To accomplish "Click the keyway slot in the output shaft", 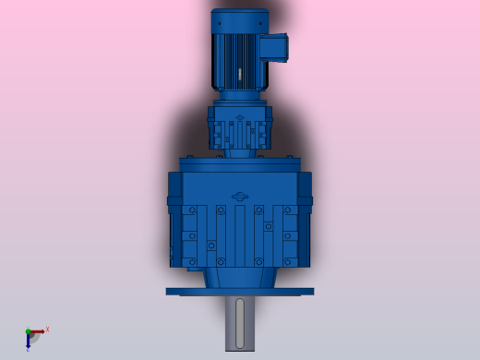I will [241, 318].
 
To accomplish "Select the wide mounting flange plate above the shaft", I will [240, 291].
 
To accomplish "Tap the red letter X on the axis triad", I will [47, 329].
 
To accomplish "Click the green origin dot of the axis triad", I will [29, 331].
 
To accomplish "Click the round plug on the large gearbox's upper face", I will [240, 196].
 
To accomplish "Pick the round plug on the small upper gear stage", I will [240, 118].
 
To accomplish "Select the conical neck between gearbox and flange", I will [240, 274].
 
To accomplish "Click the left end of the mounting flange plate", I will [172, 291].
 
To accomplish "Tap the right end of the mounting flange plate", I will [308, 291].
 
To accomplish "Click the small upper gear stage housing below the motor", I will [239, 129].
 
